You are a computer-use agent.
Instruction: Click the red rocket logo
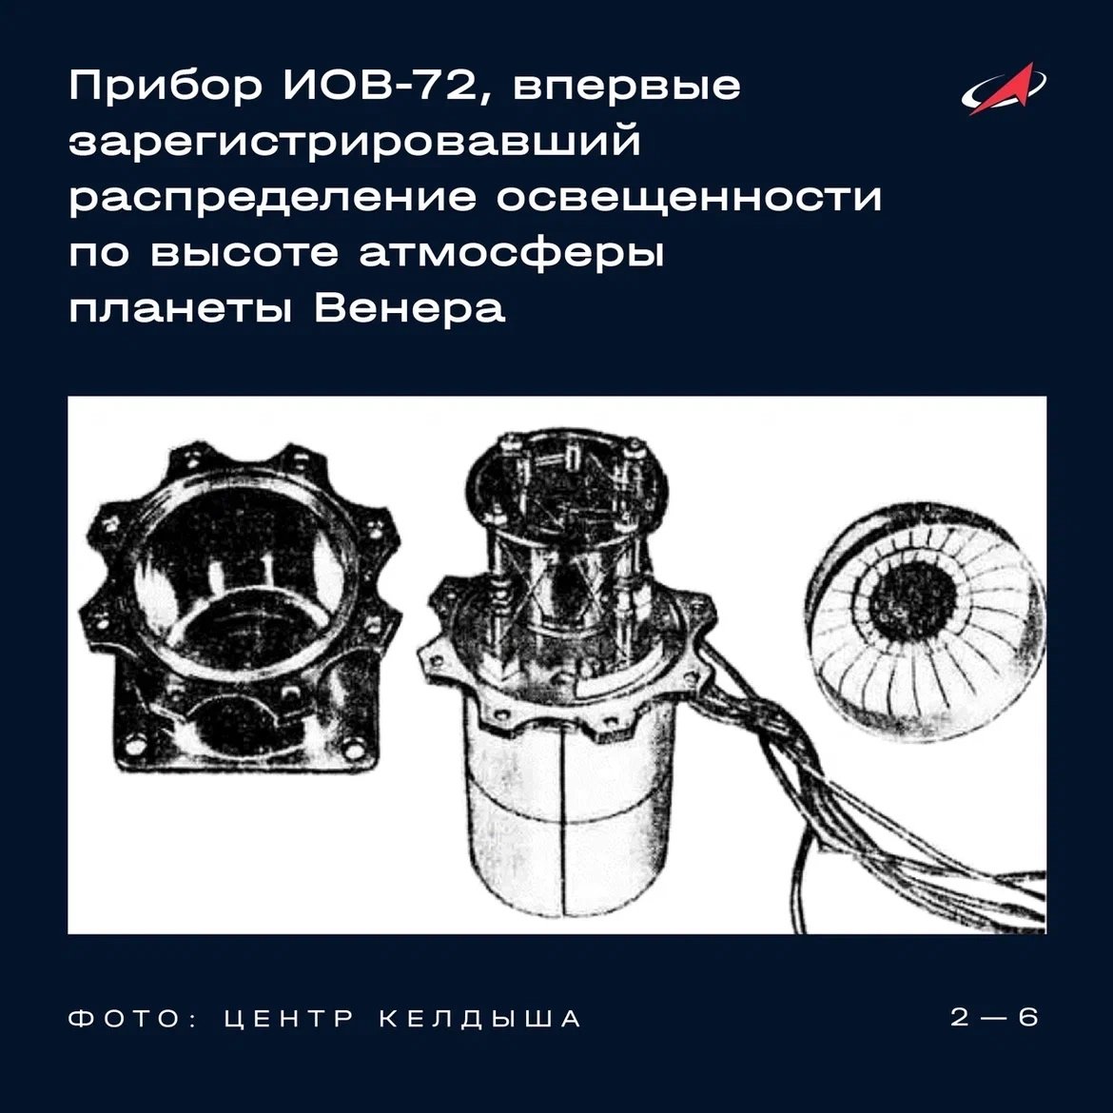coord(1004,89)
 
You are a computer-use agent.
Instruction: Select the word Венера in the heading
coord(410,307)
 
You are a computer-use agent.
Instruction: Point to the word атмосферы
coord(511,253)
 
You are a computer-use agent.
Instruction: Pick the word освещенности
coord(689,197)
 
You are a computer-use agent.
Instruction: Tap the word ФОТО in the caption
coord(125,1019)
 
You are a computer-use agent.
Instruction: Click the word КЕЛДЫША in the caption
coord(480,1020)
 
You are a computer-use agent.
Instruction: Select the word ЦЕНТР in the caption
coord(289,1019)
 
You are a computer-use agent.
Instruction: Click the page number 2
coord(960,1017)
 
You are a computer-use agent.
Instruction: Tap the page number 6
coord(1027,1017)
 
